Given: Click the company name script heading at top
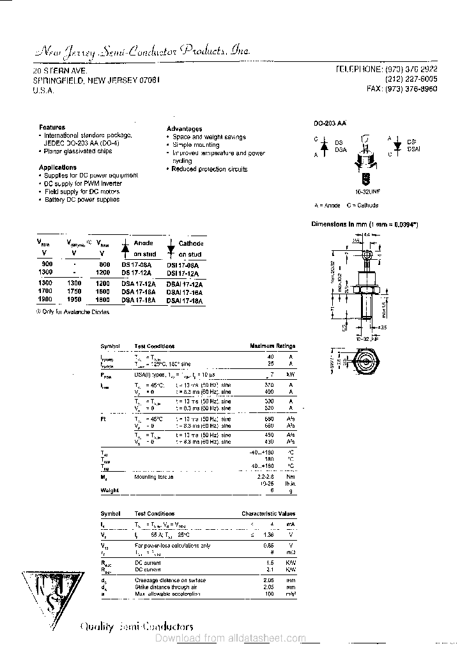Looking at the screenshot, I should [141, 51].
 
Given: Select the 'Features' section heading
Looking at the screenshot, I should [52, 128].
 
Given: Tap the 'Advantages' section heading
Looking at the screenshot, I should [184, 129].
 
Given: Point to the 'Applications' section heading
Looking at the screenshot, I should [57, 167].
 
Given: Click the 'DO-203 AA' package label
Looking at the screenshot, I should [330, 122].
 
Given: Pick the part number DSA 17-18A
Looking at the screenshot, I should [136, 300].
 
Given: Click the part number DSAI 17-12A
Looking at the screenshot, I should [185, 284].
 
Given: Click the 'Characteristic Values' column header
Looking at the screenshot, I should [268, 513].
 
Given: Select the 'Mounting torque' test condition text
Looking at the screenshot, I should [153, 477].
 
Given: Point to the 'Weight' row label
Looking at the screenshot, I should [109, 490].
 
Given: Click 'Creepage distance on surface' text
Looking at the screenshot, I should [171, 580].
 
